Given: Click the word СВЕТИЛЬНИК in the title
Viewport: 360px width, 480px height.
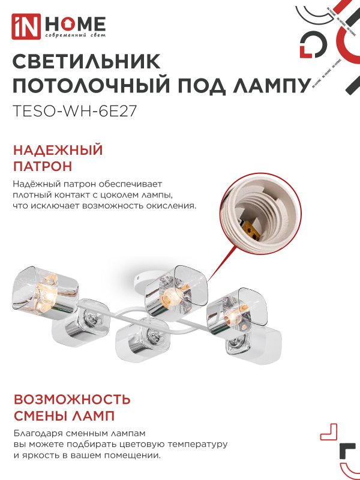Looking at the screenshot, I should (86, 62).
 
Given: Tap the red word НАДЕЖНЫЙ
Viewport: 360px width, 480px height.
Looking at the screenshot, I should (58, 150).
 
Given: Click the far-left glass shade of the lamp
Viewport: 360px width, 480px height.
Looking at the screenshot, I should (45, 291).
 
